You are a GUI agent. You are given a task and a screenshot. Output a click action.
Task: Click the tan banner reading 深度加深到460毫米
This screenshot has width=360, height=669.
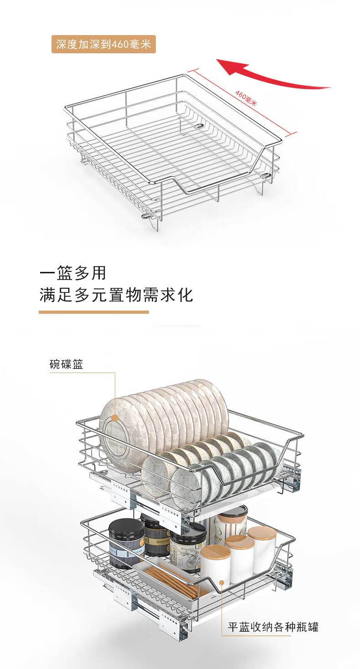103,45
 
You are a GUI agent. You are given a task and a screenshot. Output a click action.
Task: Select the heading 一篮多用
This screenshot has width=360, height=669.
73,273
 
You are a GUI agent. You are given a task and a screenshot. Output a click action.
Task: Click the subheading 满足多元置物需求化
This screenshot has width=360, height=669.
116,295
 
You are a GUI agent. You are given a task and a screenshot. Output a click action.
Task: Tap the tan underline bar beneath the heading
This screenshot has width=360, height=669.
93,312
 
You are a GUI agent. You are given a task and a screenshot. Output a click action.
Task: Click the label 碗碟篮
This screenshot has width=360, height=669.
67,364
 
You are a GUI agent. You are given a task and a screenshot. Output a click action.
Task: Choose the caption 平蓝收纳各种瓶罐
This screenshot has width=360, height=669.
273,627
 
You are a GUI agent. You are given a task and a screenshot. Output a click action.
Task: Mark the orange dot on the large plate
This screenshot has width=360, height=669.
115,417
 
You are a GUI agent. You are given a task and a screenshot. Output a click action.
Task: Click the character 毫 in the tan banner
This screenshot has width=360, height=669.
134,45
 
